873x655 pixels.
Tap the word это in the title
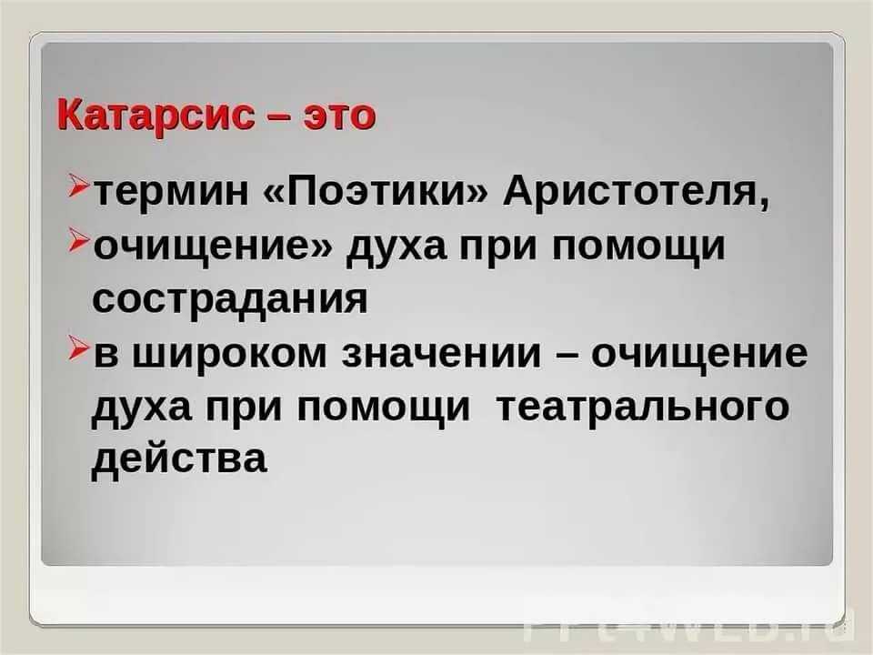point(339,116)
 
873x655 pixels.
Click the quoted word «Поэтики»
point(376,192)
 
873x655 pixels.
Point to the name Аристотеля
point(637,193)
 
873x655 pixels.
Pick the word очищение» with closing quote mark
point(212,247)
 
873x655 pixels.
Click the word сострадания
point(230,299)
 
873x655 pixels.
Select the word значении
point(442,353)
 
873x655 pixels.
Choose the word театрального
point(642,406)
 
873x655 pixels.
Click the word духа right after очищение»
point(396,247)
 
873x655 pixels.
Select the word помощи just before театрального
point(383,406)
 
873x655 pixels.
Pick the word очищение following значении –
point(698,354)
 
